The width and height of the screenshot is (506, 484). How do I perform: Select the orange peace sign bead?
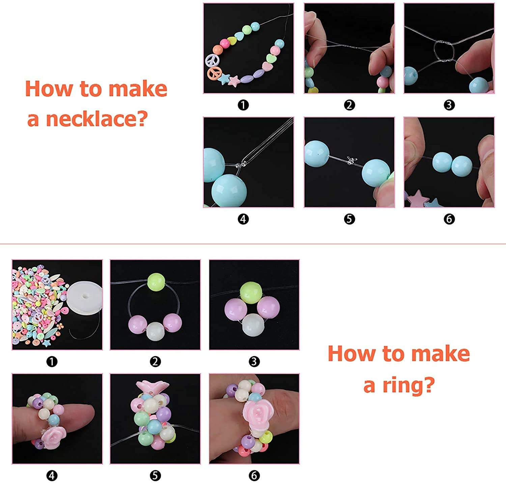[x=214, y=73]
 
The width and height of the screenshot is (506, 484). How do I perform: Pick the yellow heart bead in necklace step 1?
[x=231, y=41]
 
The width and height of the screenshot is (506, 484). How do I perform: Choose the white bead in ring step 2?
[x=155, y=331]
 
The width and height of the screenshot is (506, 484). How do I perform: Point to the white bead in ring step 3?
[x=253, y=324]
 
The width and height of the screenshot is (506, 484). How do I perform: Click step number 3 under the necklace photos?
[x=449, y=105]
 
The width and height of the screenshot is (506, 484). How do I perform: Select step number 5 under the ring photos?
[x=155, y=476]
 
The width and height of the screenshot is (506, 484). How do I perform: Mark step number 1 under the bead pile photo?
[x=52, y=362]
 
